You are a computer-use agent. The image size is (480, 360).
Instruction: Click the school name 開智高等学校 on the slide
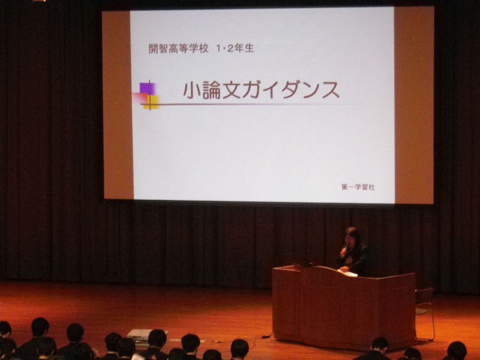pyautogui.click(x=179, y=48)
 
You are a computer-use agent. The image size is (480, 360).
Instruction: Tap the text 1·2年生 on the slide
pyautogui.click(x=235, y=48)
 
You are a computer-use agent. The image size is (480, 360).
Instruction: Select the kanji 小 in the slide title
pyautogui.click(x=192, y=90)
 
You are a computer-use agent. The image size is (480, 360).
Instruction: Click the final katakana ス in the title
pyautogui.click(x=331, y=91)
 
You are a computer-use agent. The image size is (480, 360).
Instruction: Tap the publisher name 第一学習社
pyautogui.click(x=358, y=187)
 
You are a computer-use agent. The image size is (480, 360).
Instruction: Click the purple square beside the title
pyautogui.click(x=148, y=88)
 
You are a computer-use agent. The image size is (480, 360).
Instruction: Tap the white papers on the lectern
pyautogui.click(x=348, y=273)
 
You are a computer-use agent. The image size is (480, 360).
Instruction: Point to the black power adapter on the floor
pyautogui.click(x=265, y=336)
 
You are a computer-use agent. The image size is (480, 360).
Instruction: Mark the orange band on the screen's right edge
pyautogui.click(x=414, y=105)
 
